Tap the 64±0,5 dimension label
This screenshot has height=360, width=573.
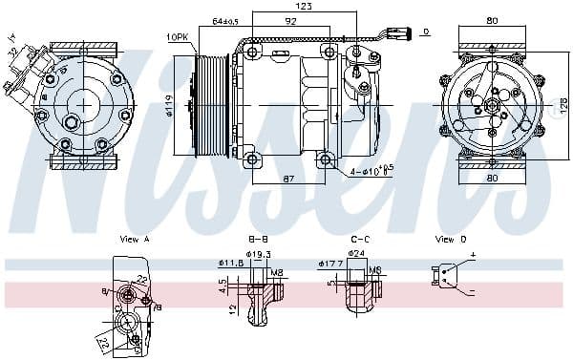225,21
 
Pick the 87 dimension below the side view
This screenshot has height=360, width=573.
289,179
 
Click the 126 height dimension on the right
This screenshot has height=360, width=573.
562,103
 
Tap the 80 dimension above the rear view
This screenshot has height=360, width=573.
491,21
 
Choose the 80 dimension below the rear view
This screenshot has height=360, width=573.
491,179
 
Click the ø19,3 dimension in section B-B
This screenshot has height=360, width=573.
261,254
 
